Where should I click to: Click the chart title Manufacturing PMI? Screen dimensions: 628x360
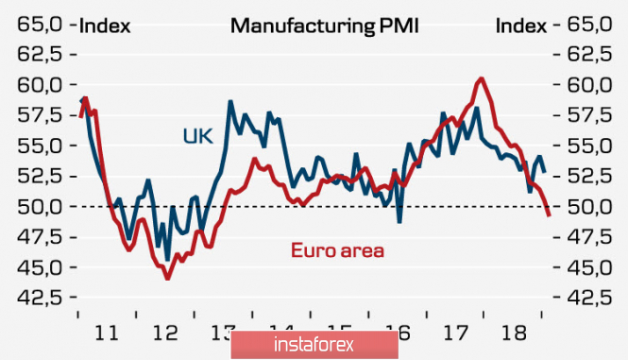point(325,26)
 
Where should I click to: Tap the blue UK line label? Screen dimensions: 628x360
point(197,136)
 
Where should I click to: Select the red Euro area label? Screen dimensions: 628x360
point(337,250)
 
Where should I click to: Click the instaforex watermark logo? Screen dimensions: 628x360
point(314,345)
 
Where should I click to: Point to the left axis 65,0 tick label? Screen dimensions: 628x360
point(40,25)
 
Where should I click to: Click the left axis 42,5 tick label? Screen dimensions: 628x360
point(40,298)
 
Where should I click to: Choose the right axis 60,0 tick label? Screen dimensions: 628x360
point(589,85)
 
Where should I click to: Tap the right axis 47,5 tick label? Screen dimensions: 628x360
point(589,237)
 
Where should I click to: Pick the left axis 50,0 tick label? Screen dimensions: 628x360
point(40,207)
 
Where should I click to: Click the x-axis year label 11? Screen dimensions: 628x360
point(107,333)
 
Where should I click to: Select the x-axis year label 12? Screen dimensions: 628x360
point(165,333)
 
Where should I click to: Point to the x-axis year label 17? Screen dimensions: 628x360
point(456,333)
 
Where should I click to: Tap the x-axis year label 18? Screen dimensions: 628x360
point(514,333)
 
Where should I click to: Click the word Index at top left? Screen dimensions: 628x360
point(105,26)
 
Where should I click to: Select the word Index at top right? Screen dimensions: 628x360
point(521,26)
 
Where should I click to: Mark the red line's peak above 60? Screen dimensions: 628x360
point(481,78)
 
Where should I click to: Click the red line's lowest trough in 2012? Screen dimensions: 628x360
point(168,278)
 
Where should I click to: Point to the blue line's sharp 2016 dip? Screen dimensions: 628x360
point(399,222)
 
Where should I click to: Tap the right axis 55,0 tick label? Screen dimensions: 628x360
point(589,146)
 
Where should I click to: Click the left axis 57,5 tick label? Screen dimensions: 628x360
point(40,115)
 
